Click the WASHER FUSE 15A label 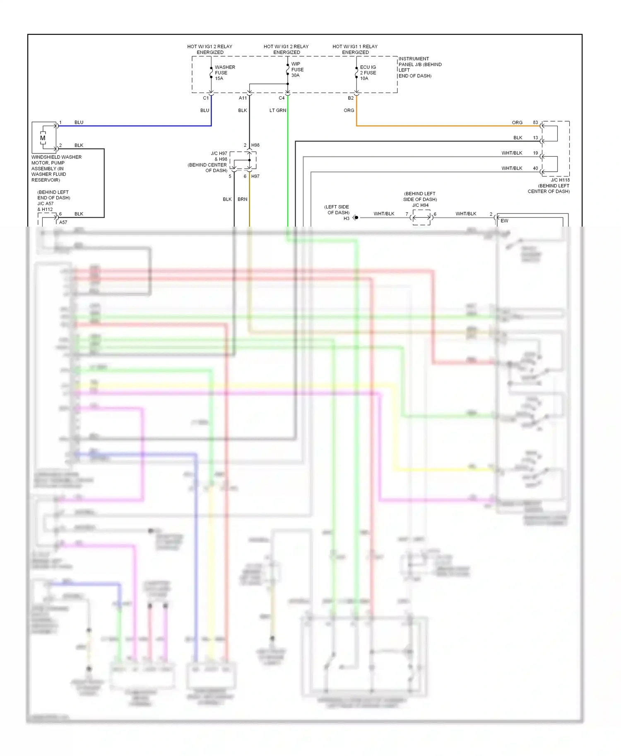pyautogui.click(x=224, y=73)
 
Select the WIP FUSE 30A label pyautogui.click(x=297, y=69)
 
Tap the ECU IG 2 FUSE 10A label pyautogui.click(x=368, y=73)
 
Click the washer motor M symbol pyautogui.click(x=43, y=138)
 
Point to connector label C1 pyautogui.click(x=206, y=98)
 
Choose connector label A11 pyautogui.click(x=243, y=98)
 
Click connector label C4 pyautogui.click(x=282, y=98)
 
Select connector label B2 pyautogui.click(x=351, y=98)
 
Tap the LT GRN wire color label pyautogui.click(x=277, y=110)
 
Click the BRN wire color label pyautogui.click(x=242, y=199)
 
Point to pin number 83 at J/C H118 pyautogui.click(x=535, y=122)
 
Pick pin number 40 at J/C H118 pyautogui.click(x=535, y=168)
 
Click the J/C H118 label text pyautogui.click(x=560, y=180)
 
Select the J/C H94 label pyautogui.click(x=420, y=205)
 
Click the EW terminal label pyautogui.click(x=504, y=221)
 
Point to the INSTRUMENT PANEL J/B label pyautogui.click(x=419, y=67)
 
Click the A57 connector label pyautogui.click(x=63, y=222)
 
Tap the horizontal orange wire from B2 pyautogui.click(x=435, y=126)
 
